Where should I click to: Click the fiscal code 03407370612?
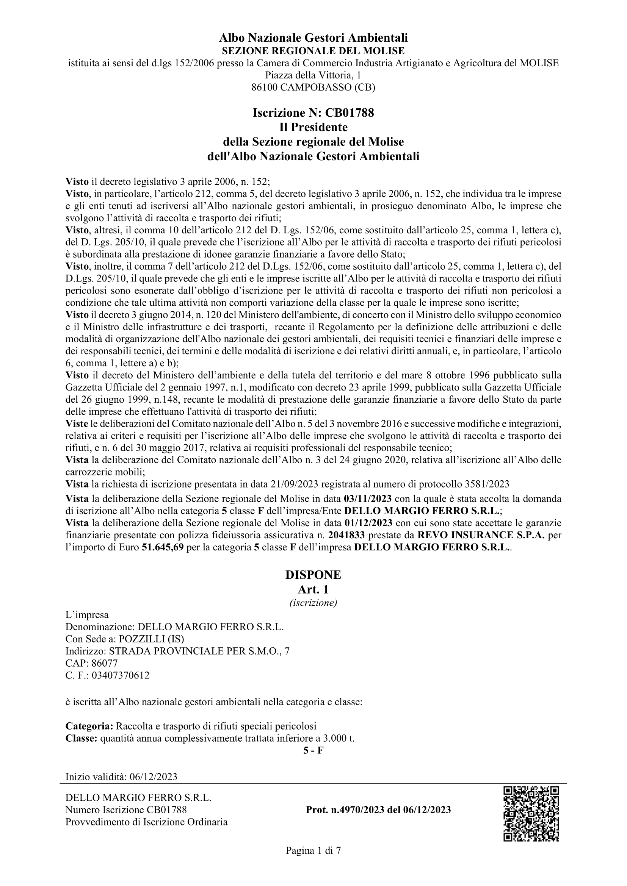pyautogui.click(x=121, y=676)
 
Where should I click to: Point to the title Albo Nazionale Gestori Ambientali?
pyautogui.click(x=313, y=38)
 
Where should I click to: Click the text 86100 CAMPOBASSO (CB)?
pyautogui.click(x=313, y=87)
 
